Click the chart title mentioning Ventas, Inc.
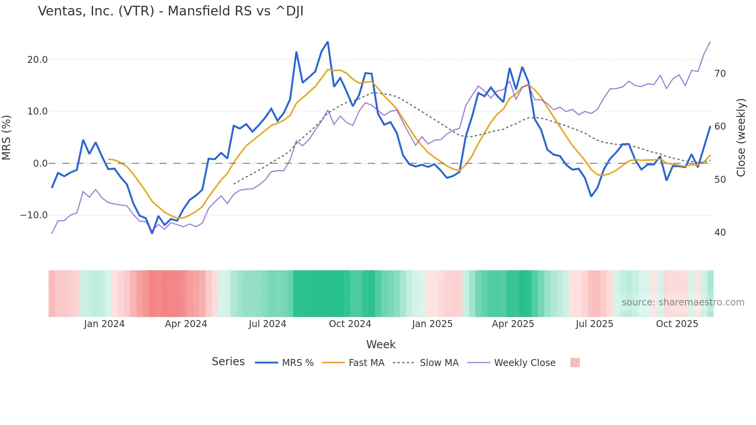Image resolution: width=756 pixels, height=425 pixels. pos(170,11)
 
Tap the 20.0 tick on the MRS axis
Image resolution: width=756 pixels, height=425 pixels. pos(37,60)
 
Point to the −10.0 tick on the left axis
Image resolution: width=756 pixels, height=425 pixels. pos(34,215)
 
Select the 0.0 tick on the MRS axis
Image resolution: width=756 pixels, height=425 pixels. pos(40,164)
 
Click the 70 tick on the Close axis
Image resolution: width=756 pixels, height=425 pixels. pos(720,74)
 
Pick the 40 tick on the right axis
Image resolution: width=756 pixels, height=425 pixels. pos(720,233)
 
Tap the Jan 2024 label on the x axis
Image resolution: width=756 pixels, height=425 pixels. pos(104,324)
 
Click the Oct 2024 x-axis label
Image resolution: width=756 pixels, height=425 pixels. pos(350,324)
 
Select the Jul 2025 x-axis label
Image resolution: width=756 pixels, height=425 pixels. pos(594,324)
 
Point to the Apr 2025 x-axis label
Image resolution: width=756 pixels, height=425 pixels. pos(513,324)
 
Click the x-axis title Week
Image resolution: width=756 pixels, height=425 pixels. pos(381,344)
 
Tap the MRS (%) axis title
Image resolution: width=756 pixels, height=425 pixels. pos(7,137)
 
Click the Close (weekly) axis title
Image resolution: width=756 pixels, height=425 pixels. pos(741,137)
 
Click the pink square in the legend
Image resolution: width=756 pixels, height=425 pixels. pos(575,363)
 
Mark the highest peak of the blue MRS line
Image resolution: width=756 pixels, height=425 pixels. pos(328,42)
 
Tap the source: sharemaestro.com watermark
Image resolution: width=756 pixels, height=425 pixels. pos(683,302)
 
